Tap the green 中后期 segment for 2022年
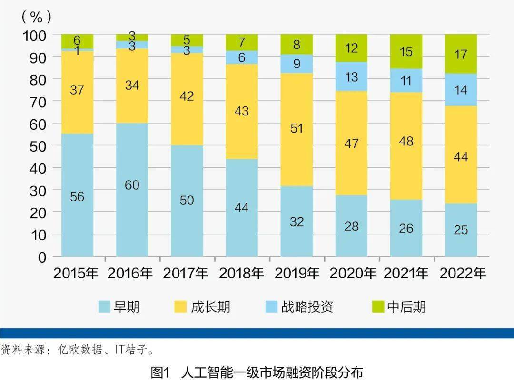tap(461, 54)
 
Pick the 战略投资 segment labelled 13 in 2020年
tap(351, 76)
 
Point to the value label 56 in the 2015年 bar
tap(77, 196)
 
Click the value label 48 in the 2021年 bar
tap(406, 141)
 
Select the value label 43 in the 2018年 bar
tap(242, 111)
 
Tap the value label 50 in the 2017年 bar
tap(187, 200)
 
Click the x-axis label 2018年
tap(241, 274)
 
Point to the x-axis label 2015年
tap(76, 274)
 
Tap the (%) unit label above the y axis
tap(36, 18)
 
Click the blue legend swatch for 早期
tap(104, 307)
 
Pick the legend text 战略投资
tap(307, 307)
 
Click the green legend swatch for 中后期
tap(378, 307)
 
